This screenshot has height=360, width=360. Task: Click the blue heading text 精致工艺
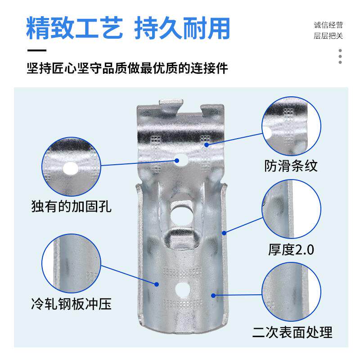pos(74,28)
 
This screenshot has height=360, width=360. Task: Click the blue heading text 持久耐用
pos(182,28)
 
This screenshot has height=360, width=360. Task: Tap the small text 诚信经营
pos(328,25)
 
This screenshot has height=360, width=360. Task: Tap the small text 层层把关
pos(328,36)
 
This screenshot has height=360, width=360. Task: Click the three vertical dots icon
pos(340,56)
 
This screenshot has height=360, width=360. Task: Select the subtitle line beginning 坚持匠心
pos(127,69)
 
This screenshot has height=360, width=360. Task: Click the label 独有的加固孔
pos(71,207)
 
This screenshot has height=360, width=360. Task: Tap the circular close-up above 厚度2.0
pos(291,211)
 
